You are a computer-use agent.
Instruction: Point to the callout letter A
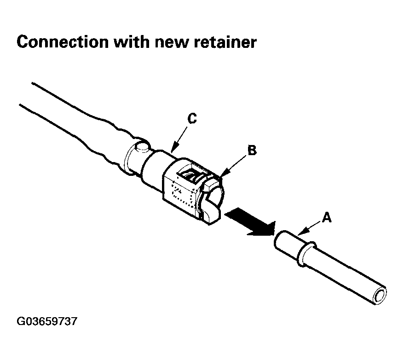tap(326, 217)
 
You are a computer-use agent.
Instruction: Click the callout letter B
tap(251, 150)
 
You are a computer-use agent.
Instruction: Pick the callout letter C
tap(192, 119)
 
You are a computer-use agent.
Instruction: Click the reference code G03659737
tap(46, 321)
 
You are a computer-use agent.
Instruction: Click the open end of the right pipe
tap(380, 295)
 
